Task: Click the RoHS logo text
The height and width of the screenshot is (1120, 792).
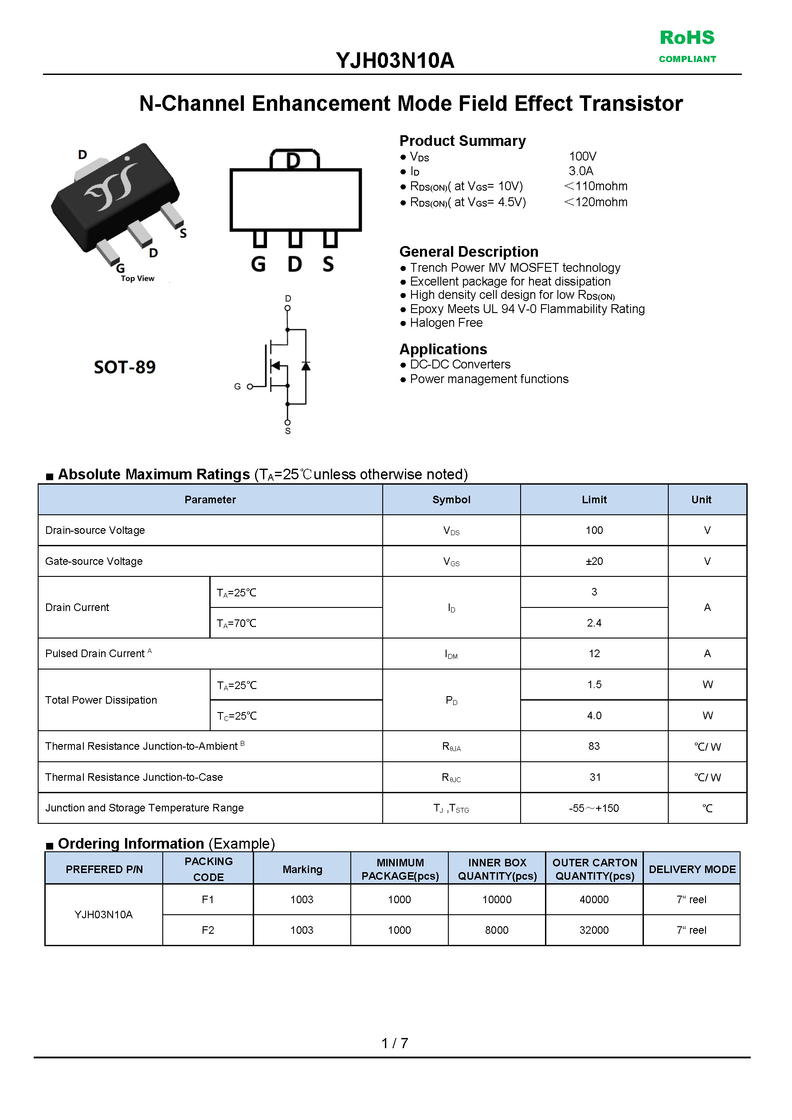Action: [686, 38]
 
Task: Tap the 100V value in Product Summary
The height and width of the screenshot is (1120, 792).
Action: [582, 157]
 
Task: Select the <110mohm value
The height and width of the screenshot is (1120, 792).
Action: [596, 186]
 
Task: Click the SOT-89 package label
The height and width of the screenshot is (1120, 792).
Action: [125, 367]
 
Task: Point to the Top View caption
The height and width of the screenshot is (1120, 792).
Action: [137, 278]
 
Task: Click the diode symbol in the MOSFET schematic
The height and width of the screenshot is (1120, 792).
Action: [306, 366]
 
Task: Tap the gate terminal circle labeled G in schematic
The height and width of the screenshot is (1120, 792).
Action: [250, 387]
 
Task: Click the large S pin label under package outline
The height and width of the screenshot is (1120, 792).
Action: [329, 265]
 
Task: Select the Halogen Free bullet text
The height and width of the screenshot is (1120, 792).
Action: [446, 323]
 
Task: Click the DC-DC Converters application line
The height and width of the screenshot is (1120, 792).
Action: [460, 364]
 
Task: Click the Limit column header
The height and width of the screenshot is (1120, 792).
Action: [594, 500]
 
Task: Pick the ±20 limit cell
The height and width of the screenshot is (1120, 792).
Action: [594, 561]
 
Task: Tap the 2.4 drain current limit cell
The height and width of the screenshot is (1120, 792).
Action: [594, 623]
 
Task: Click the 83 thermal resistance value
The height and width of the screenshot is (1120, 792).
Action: [594, 746]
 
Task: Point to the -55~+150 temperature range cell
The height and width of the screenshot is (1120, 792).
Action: [593, 808]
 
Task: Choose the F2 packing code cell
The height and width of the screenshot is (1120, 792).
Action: [208, 930]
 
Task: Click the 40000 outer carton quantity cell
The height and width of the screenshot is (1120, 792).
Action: [594, 900]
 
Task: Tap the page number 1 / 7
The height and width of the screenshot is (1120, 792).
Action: [395, 1043]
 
